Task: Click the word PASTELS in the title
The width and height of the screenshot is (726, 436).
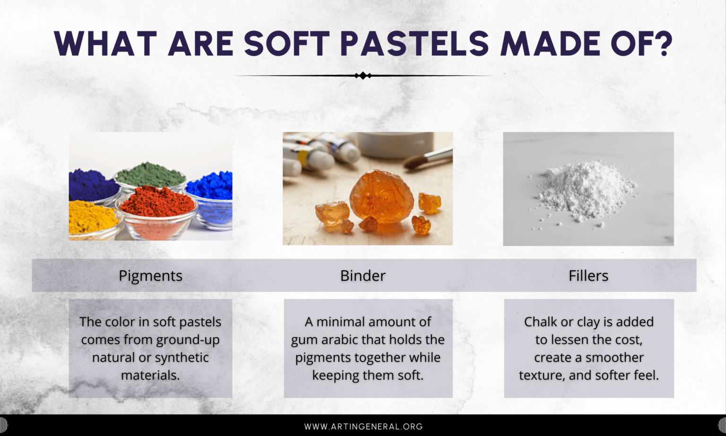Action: [x=414, y=44]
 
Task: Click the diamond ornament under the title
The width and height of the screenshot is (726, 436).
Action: [x=363, y=76]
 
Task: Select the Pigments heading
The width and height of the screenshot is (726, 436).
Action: [x=150, y=276]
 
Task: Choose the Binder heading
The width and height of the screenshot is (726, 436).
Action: [x=363, y=276]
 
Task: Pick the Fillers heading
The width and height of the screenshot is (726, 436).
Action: [x=588, y=276]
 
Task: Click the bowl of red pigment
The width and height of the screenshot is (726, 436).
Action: [x=156, y=208]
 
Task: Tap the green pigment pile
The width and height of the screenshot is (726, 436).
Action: [x=150, y=175]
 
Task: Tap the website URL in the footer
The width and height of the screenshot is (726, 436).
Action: [x=363, y=427]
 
